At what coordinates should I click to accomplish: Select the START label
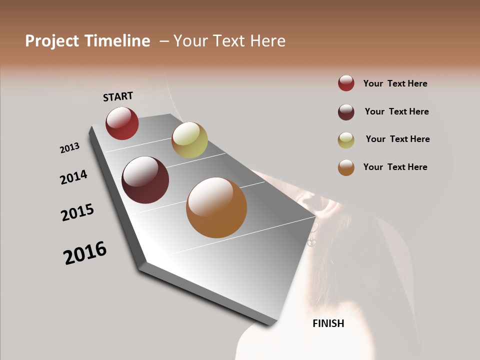pos(118,96)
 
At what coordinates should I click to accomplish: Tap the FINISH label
pos(328,323)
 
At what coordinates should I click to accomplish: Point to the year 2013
pos(70,148)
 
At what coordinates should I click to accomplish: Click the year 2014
pos(74,177)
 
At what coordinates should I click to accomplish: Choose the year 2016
pos(85,253)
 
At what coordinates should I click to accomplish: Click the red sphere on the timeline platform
pos(122,123)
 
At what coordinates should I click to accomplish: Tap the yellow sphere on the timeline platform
pos(189,140)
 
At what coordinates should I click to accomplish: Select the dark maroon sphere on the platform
pos(145,180)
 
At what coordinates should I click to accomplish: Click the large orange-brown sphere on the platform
pos(216,207)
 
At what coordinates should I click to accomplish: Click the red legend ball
pos(346,83)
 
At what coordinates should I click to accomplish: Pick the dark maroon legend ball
pos(346,112)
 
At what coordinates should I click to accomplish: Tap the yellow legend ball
pos(346,140)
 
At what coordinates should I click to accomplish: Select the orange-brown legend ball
pos(346,167)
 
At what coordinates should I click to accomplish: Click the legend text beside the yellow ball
pos(397,139)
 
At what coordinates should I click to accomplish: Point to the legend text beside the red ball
pos(395,83)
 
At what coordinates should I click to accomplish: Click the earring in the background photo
pos(312,236)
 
